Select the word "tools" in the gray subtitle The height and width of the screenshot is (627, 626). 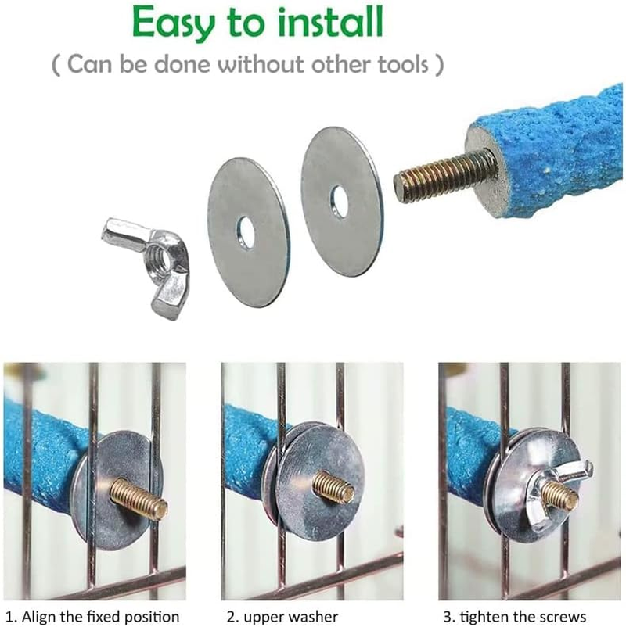[x=403, y=64]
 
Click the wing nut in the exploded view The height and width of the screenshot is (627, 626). [x=147, y=267]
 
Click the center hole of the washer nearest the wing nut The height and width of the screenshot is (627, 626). [x=245, y=231]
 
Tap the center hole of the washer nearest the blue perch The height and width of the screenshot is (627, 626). [x=338, y=202]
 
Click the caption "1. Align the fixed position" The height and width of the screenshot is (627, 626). [x=92, y=617]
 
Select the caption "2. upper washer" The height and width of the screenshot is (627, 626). [x=282, y=617]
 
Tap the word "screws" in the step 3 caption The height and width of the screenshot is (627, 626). [x=560, y=617]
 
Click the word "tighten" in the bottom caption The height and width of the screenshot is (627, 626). [x=480, y=617]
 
